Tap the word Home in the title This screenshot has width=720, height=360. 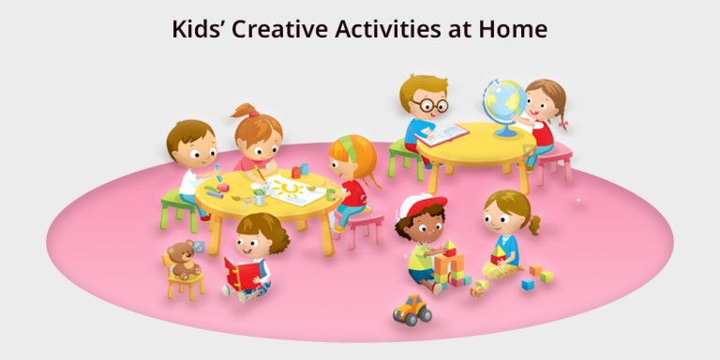tap(513, 28)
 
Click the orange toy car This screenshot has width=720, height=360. tap(411, 310)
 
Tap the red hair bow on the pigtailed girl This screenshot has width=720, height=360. tap(564, 118)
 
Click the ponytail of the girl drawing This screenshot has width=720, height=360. tap(245, 112)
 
